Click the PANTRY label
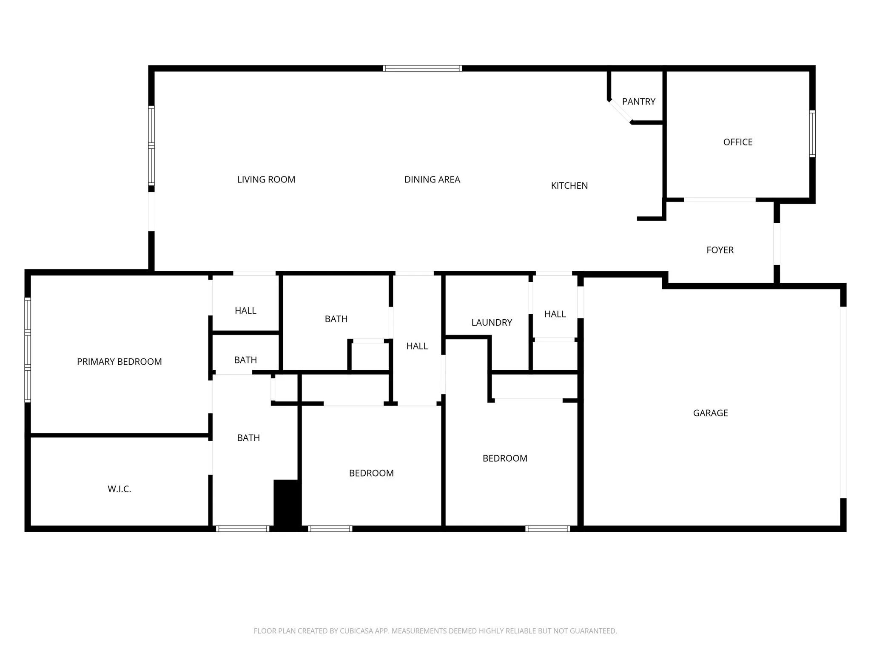(x=638, y=102)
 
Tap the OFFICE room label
(x=738, y=142)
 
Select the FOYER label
(x=720, y=250)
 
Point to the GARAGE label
(x=710, y=413)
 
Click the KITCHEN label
(x=569, y=185)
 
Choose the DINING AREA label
(x=432, y=179)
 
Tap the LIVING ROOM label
(x=266, y=179)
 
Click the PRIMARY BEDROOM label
(x=120, y=362)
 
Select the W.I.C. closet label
(x=120, y=489)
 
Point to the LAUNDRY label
(x=492, y=323)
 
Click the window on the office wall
(x=812, y=133)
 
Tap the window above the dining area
(x=422, y=68)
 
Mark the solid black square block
(x=287, y=505)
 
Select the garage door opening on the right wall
(x=843, y=402)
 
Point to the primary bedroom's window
(x=28, y=350)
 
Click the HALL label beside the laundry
(x=555, y=314)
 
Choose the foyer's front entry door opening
(x=777, y=244)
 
